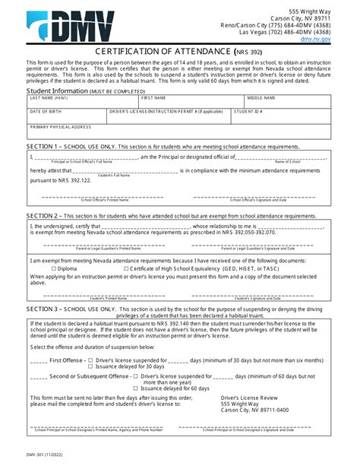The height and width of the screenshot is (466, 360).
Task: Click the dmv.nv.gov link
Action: point(316,39)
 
